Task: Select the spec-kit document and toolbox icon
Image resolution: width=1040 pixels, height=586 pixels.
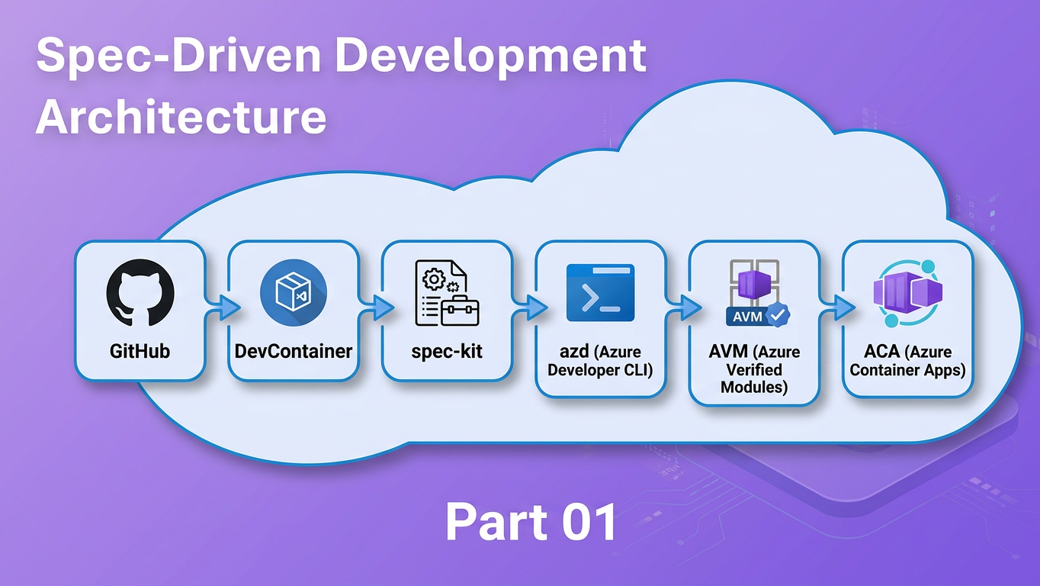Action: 446,293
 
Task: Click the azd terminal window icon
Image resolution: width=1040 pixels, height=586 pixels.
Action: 600,293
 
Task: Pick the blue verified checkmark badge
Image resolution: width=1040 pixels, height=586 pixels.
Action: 778,314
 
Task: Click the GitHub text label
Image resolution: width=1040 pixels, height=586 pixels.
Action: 140,352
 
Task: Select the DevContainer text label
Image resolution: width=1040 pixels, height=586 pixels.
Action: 294,352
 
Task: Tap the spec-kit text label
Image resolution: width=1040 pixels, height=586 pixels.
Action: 446,352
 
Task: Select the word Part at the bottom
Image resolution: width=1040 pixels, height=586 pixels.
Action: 488,523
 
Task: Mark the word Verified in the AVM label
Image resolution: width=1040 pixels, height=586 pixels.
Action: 754,370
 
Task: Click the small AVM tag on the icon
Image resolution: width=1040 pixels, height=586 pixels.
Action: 746,315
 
